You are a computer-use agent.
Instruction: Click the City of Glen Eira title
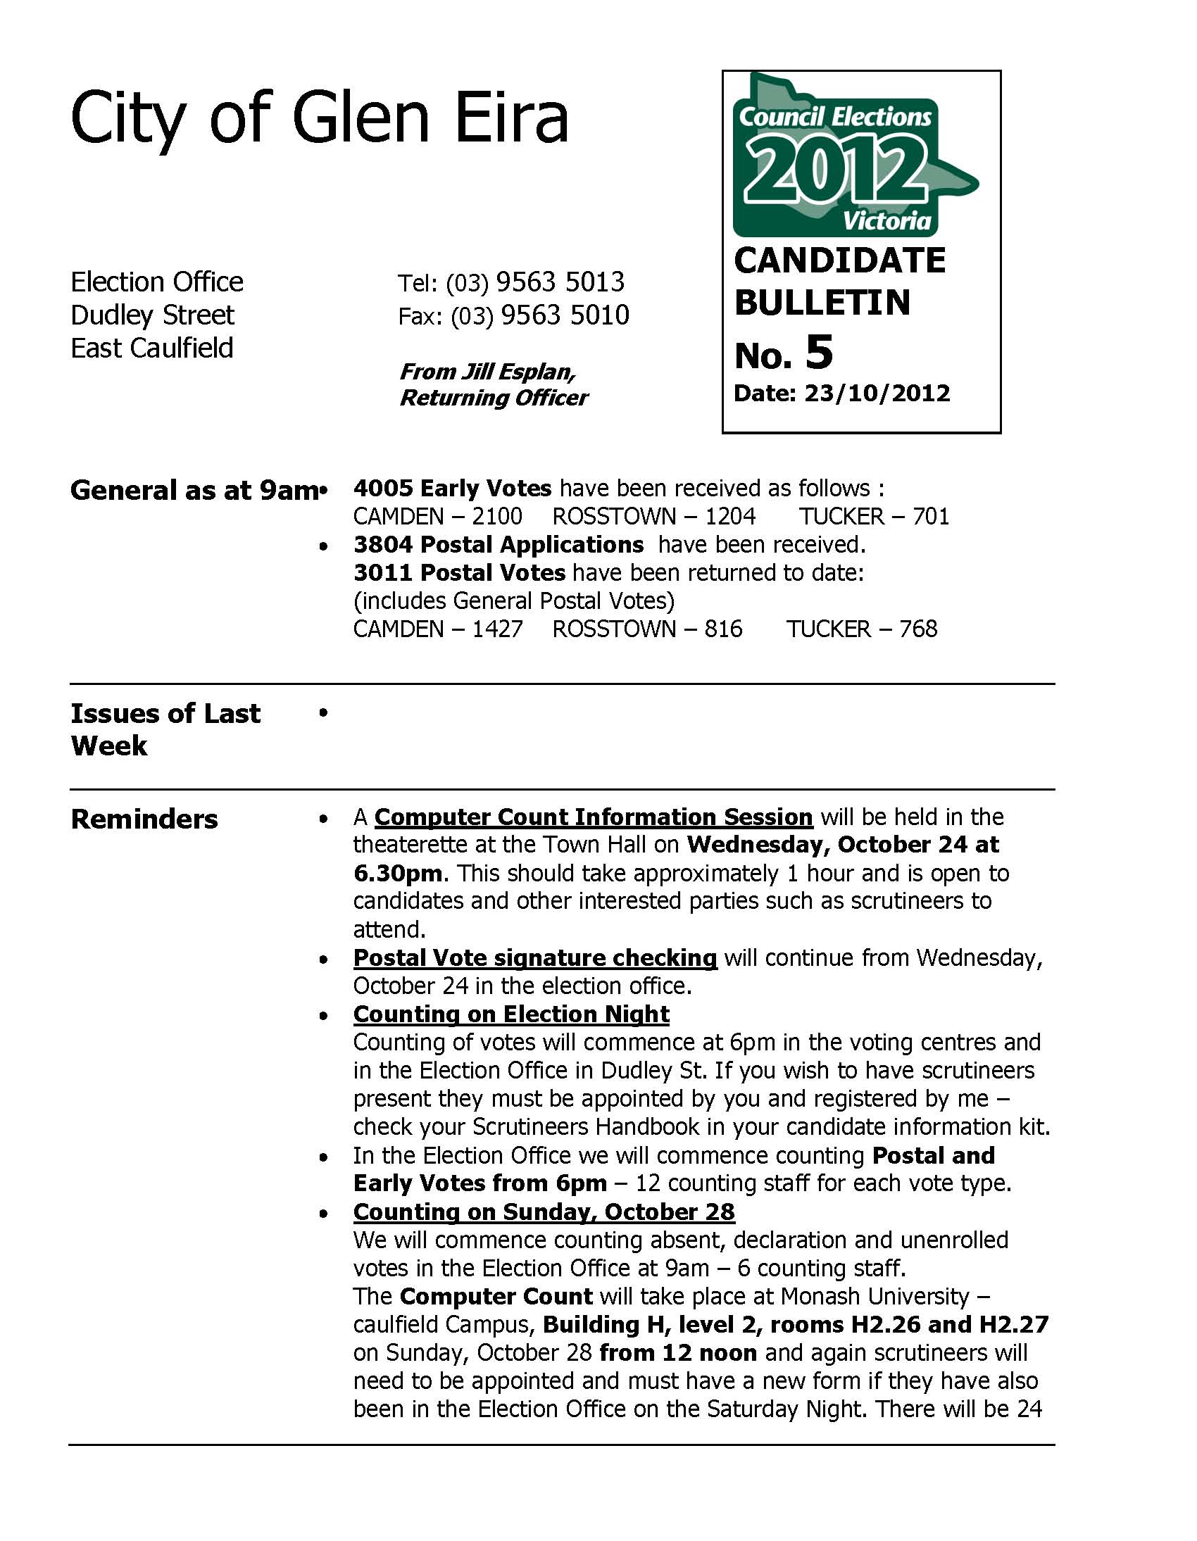(319, 118)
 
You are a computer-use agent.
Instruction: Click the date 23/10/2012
(877, 393)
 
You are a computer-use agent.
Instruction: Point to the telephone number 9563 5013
(560, 282)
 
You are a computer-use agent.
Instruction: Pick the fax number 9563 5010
(565, 315)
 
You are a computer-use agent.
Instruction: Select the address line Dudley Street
(153, 315)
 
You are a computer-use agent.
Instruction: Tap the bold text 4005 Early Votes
(453, 489)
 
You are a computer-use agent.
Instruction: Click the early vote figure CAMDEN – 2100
(437, 517)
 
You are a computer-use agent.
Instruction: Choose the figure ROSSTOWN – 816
(647, 629)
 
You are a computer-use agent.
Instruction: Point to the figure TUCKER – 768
(862, 629)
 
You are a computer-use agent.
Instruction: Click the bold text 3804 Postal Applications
(499, 545)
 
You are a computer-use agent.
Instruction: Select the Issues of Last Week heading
(165, 729)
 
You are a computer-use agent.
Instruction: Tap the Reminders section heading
(144, 819)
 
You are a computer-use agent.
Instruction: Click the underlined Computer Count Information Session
(594, 817)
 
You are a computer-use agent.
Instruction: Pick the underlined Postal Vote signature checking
(535, 958)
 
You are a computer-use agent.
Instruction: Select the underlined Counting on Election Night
(511, 1014)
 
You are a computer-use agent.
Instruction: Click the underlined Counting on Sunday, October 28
(544, 1212)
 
